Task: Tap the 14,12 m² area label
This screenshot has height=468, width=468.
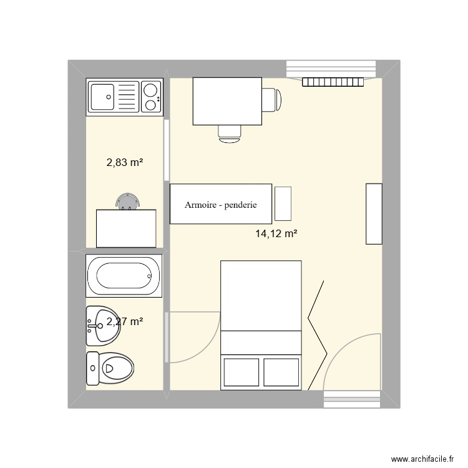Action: [275, 235]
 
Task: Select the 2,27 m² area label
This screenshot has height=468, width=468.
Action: [125, 322]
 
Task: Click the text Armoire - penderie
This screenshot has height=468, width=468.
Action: [220, 205]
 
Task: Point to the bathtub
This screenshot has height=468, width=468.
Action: [124, 275]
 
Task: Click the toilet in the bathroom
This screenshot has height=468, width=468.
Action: [110, 369]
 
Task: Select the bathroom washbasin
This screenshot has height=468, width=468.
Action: [102, 325]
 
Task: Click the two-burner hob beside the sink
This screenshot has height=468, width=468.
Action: [150, 97]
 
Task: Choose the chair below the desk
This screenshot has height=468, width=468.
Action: [230, 132]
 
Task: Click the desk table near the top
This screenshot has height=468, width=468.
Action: [227, 100]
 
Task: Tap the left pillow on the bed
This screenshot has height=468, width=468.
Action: [240, 372]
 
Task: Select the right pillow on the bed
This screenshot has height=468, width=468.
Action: [281, 372]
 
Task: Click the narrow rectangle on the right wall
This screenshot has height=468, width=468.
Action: [373, 213]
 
